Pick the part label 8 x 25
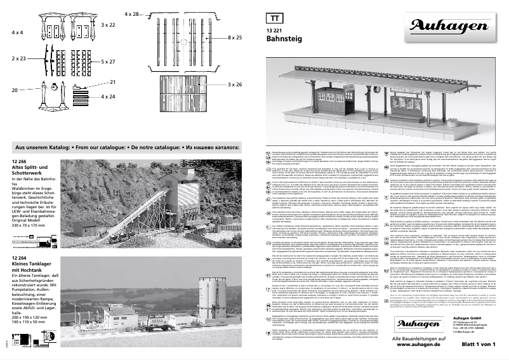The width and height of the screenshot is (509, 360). (235, 38)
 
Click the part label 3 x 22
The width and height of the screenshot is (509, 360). (108, 24)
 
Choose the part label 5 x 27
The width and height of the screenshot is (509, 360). (108, 62)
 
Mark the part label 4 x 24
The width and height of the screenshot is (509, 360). (108, 97)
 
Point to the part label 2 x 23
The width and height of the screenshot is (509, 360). (18, 58)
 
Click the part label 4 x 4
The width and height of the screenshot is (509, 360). (17, 30)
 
